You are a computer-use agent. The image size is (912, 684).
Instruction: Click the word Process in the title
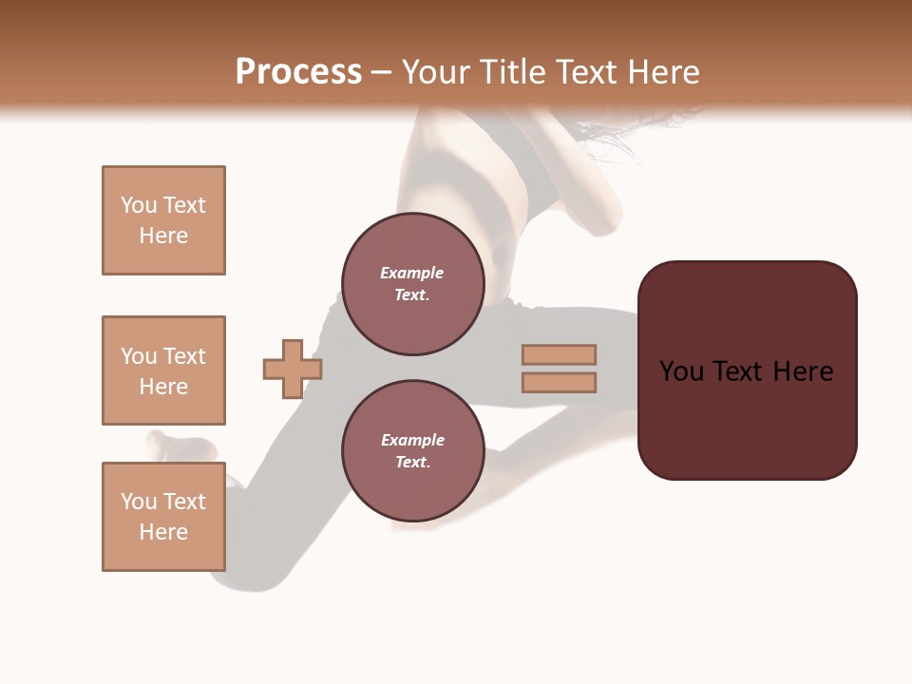(x=298, y=72)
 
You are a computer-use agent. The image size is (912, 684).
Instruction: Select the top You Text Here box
(x=163, y=220)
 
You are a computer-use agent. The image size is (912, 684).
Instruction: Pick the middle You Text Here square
(x=163, y=370)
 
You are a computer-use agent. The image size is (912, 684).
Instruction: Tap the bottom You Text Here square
(x=163, y=517)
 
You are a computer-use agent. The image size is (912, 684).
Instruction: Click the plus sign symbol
(x=293, y=369)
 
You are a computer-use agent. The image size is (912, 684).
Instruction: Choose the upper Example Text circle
(x=412, y=284)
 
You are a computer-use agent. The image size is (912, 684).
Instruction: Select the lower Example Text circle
(x=412, y=451)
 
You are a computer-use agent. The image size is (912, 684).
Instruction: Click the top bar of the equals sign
(x=559, y=354)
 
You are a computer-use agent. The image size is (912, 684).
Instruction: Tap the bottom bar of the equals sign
(x=559, y=383)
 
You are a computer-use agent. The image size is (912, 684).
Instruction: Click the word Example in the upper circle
(x=412, y=273)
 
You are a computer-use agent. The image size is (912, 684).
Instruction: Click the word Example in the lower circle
(x=412, y=440)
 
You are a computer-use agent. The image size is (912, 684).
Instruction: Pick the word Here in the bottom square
(x=163, y=532)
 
